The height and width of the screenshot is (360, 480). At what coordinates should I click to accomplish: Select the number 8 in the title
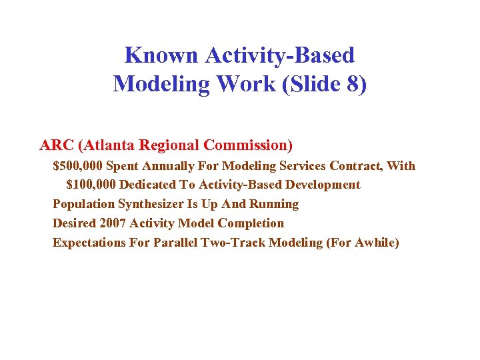[x=354, y=84]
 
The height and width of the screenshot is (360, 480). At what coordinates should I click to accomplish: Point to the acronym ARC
[x=57, y=145]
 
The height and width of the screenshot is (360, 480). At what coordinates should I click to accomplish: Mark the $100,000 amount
[x=91, y=185]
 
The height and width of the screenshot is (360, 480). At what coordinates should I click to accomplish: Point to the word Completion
[x=251, y=223]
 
